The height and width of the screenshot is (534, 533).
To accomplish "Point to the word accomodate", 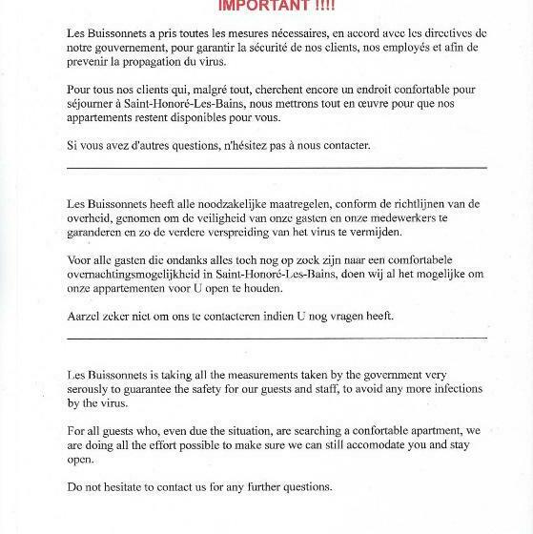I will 342,446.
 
